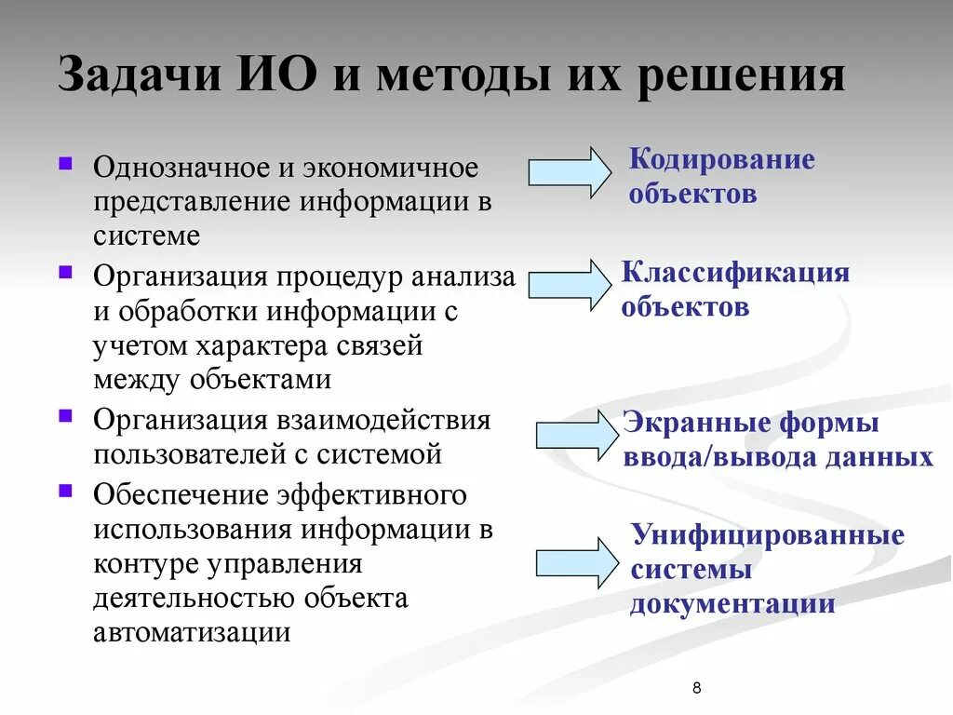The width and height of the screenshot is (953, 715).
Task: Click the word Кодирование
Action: [x=722, y=159]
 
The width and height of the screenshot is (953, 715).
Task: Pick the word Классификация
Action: [x=735, y=273]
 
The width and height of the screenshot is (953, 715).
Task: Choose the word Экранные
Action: [x=690, y=423]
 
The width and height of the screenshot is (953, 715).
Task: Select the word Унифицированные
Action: [x=768, y=535]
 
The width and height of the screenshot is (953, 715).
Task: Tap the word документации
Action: [x=732, y=604]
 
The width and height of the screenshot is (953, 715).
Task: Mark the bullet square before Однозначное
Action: [x=65, y=162]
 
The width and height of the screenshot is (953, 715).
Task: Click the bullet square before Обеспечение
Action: [x=65, y=488]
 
